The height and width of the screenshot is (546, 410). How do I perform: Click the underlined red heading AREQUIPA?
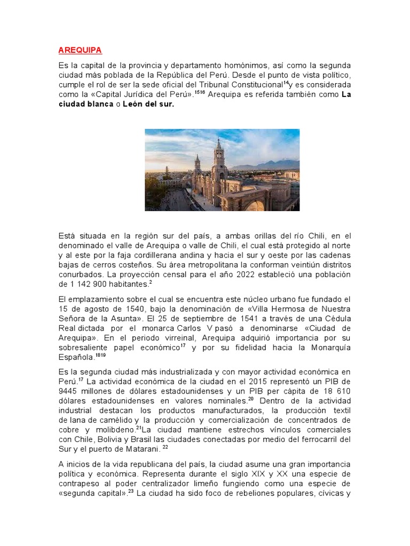(80, 51)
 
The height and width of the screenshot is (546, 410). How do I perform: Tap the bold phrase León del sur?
(148, 105)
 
